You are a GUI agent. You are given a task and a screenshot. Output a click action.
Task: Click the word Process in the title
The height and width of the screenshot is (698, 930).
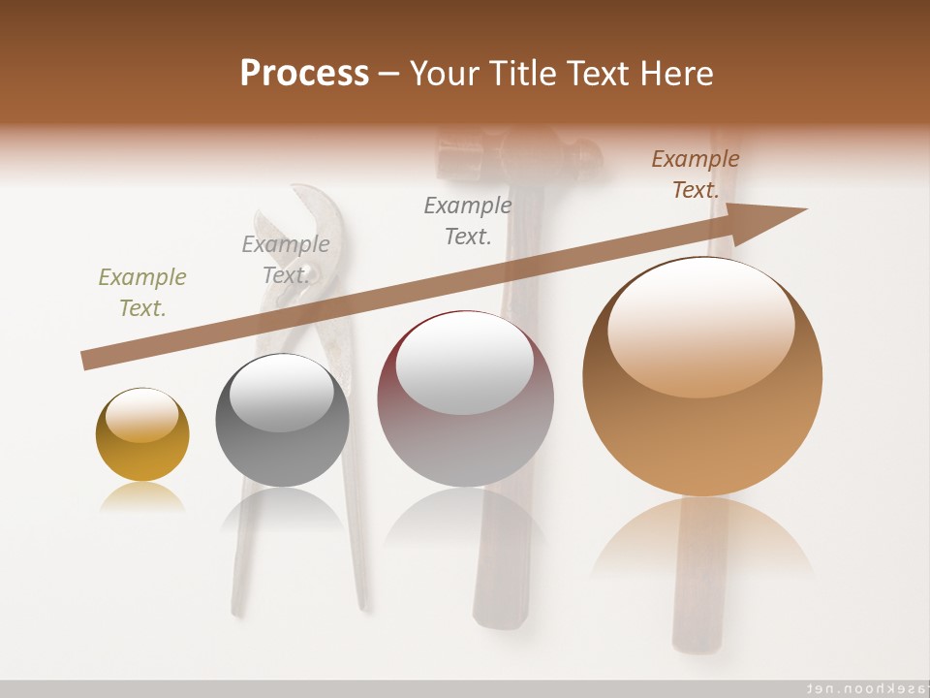(x=304, y=74)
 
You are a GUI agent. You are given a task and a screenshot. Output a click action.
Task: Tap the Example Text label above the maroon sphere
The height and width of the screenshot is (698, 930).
(x=468, y=220)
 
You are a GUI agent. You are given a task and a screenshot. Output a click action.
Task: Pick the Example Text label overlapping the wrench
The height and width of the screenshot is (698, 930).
(x=286, y=259)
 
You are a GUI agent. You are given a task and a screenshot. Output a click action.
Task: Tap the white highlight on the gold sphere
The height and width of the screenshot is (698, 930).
(x=141, y=415)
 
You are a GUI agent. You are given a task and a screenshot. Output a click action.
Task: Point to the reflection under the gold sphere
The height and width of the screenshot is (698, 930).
(x=142, y=496)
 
